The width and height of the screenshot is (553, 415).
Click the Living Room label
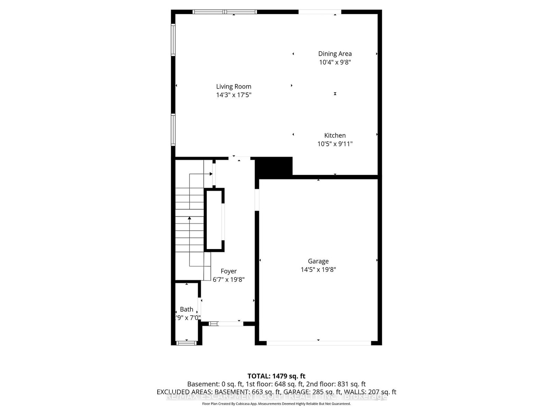pos(234,86)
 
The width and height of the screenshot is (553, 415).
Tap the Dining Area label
pos(335,54)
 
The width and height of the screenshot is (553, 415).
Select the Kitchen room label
pos(335,135)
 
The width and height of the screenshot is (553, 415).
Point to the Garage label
pos(318,261)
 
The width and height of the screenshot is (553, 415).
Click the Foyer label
pos(229,271)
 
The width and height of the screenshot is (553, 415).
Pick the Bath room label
pos(187,309)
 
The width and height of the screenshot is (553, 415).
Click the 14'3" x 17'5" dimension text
pos(234,95)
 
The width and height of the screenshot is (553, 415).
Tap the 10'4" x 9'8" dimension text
pos(335,62)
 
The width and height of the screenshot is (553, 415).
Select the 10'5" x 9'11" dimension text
pos(335,144)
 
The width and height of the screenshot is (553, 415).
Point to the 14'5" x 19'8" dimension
pos(318,269)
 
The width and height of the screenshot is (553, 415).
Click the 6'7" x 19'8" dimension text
pos(229,279)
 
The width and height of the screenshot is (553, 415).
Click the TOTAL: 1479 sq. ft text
pos(276,376)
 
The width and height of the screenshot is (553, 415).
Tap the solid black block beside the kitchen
pos(274,167)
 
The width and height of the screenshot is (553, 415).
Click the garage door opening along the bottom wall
pos(318,343)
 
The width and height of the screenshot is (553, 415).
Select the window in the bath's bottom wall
pos(187,343)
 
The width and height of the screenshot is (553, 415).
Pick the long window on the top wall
pos(225,12)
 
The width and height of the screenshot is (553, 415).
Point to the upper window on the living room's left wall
pos(173,40)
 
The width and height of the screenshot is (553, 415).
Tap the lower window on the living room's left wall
pos(173,130)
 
